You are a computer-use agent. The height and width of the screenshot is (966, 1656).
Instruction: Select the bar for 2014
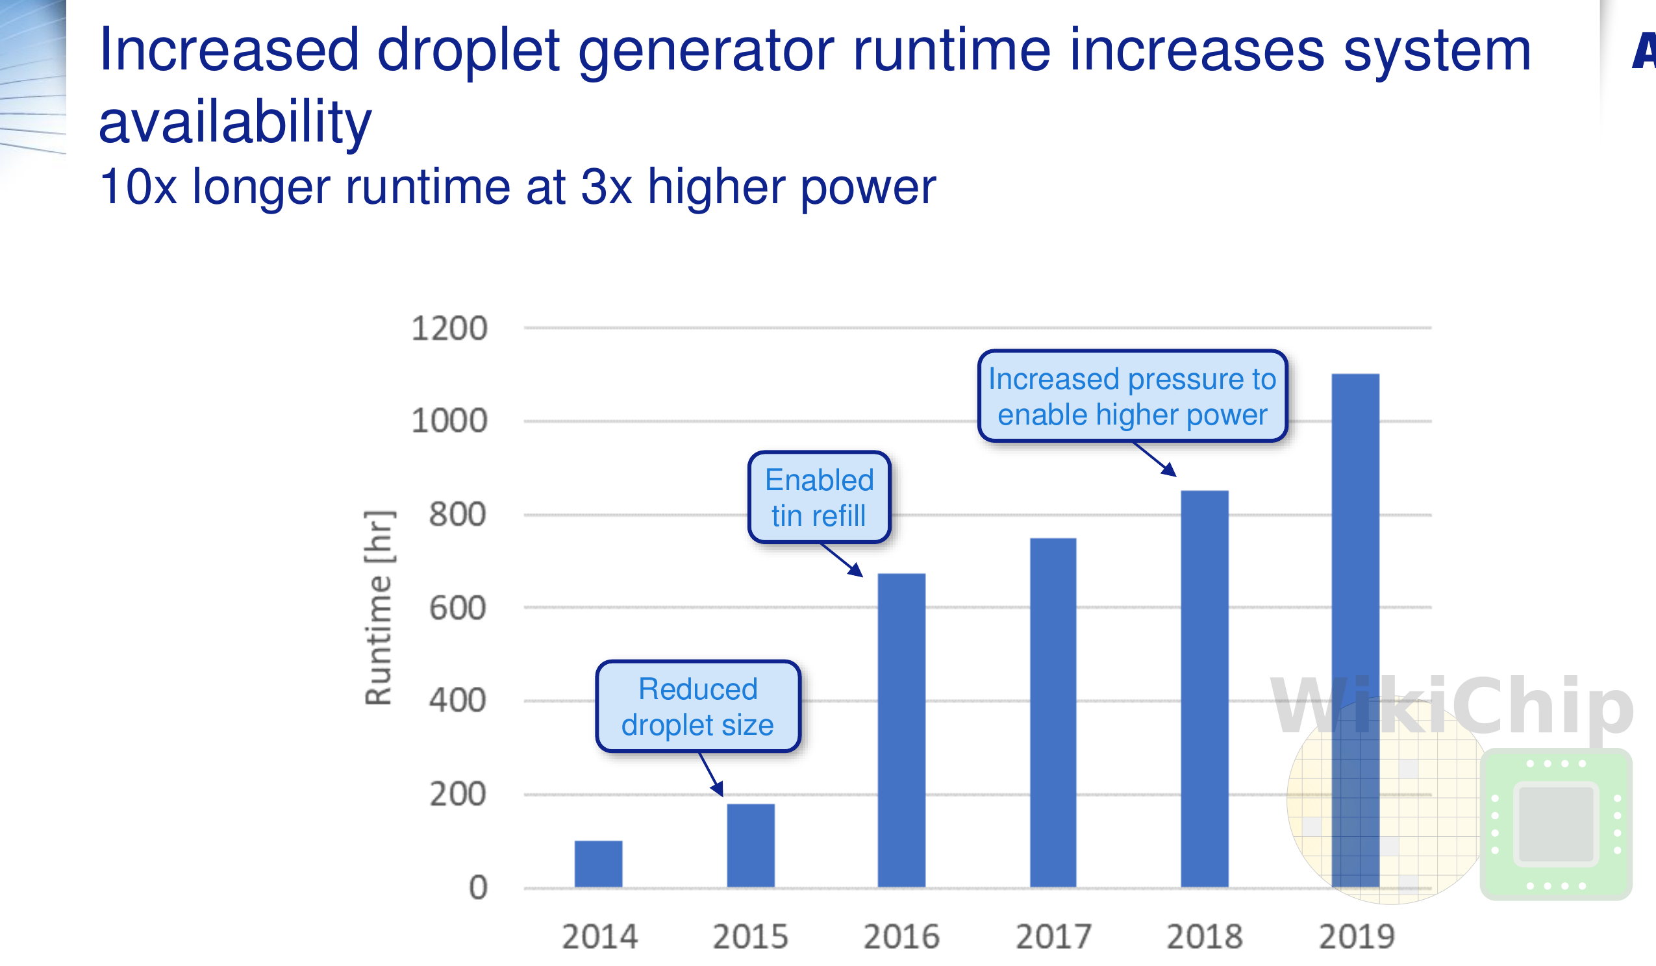(x=598, y=863)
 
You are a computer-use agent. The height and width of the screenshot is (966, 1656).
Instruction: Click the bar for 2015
(x=751, y=845)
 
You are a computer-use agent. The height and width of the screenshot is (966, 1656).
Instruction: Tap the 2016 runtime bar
(x=901, y=730)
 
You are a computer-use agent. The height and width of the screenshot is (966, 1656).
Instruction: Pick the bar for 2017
(x=1053, y=712)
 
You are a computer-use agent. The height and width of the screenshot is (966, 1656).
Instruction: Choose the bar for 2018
(x=1205, y=689)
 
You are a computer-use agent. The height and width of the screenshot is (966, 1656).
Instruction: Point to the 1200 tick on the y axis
(x=449, y=328)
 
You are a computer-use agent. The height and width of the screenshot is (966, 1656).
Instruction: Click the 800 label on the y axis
(x=457, y=514)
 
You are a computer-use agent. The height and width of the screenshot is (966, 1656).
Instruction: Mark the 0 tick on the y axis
(x=478, y=887)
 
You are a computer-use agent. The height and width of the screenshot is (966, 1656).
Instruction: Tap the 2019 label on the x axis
(x=1357, y=936)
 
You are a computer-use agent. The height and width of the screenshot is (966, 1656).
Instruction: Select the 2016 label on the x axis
(x=901, y=936)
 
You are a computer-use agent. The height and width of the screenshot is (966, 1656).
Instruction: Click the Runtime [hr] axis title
(x=379, y=607)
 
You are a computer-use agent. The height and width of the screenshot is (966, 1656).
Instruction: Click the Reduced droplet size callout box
(x=698, y=706)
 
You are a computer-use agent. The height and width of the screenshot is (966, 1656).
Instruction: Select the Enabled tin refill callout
(x=819, y=497)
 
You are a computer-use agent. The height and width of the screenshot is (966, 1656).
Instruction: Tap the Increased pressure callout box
(x=1133, y=396)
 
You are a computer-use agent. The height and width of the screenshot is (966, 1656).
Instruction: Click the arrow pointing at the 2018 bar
(x=1155, y=459)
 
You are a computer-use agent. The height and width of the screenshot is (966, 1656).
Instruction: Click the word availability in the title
(x=235, y=122)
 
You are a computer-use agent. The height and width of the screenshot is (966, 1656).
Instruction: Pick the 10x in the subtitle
(x=138, y=186)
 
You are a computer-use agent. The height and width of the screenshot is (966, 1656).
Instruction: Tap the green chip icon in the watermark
(x=1556, y=824)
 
